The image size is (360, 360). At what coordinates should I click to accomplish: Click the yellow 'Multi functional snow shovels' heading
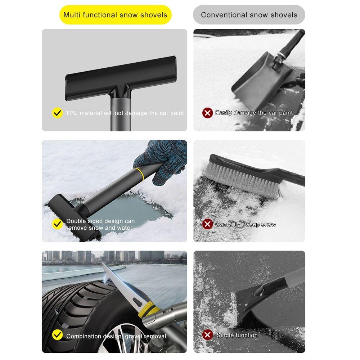pos(115,15)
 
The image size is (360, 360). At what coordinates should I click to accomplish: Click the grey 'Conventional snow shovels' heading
pos(249,15)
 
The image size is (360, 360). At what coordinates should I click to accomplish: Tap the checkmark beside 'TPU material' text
pos(57,113)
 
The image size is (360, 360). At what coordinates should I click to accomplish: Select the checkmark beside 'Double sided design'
pos(57,224)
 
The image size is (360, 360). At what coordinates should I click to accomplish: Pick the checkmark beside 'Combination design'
pos(57,335)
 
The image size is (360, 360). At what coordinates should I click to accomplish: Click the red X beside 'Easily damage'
pos(208,113)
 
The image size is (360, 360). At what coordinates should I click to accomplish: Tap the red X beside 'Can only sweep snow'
pos(208,224)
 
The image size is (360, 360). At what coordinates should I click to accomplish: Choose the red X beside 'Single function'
pos(208,335)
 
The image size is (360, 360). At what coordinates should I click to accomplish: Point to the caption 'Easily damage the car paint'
pos(254,113)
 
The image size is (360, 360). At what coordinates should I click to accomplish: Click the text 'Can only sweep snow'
pos(246,224)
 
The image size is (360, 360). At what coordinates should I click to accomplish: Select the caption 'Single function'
pos(237,335)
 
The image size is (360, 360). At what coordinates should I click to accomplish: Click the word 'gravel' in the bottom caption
pos(133,337)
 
